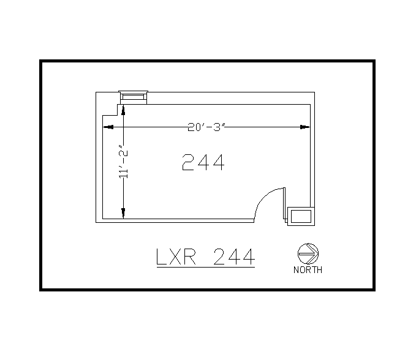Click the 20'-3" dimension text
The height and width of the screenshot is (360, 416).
[207, 127]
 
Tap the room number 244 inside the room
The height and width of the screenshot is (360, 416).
[203, 163]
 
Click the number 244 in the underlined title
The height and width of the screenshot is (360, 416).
[233, 257]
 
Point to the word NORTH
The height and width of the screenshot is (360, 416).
[308, 270]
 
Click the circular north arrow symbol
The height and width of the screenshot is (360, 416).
[308, 253]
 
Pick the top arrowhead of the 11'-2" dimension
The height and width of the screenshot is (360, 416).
[123, 110]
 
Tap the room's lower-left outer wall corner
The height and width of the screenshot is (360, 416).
[96, 222]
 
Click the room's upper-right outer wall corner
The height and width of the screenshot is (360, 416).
[314, 92]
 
